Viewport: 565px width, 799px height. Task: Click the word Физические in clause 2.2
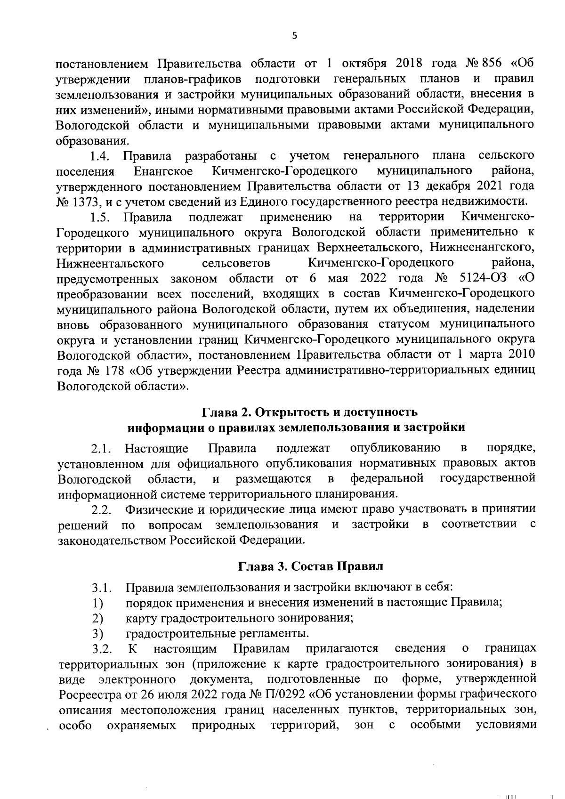156,509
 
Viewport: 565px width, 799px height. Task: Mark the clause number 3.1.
101,588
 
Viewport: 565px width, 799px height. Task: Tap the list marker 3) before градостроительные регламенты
97,633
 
